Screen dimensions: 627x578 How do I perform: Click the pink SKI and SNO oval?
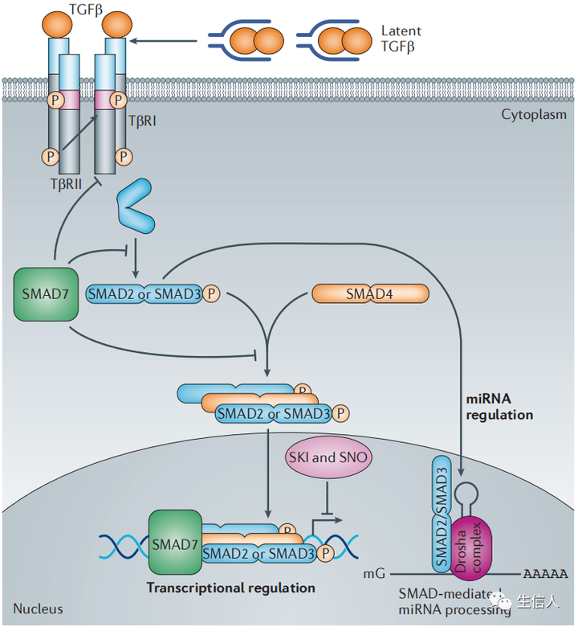point(328,458)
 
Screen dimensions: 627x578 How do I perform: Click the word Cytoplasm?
point(533,114)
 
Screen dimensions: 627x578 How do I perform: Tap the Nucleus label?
point(38,609)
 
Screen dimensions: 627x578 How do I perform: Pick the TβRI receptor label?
point(146,122)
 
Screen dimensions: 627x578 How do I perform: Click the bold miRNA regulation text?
point(499,407)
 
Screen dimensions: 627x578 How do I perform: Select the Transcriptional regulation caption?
point(230,588)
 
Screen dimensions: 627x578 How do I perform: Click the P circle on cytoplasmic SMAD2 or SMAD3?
point(212,294)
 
